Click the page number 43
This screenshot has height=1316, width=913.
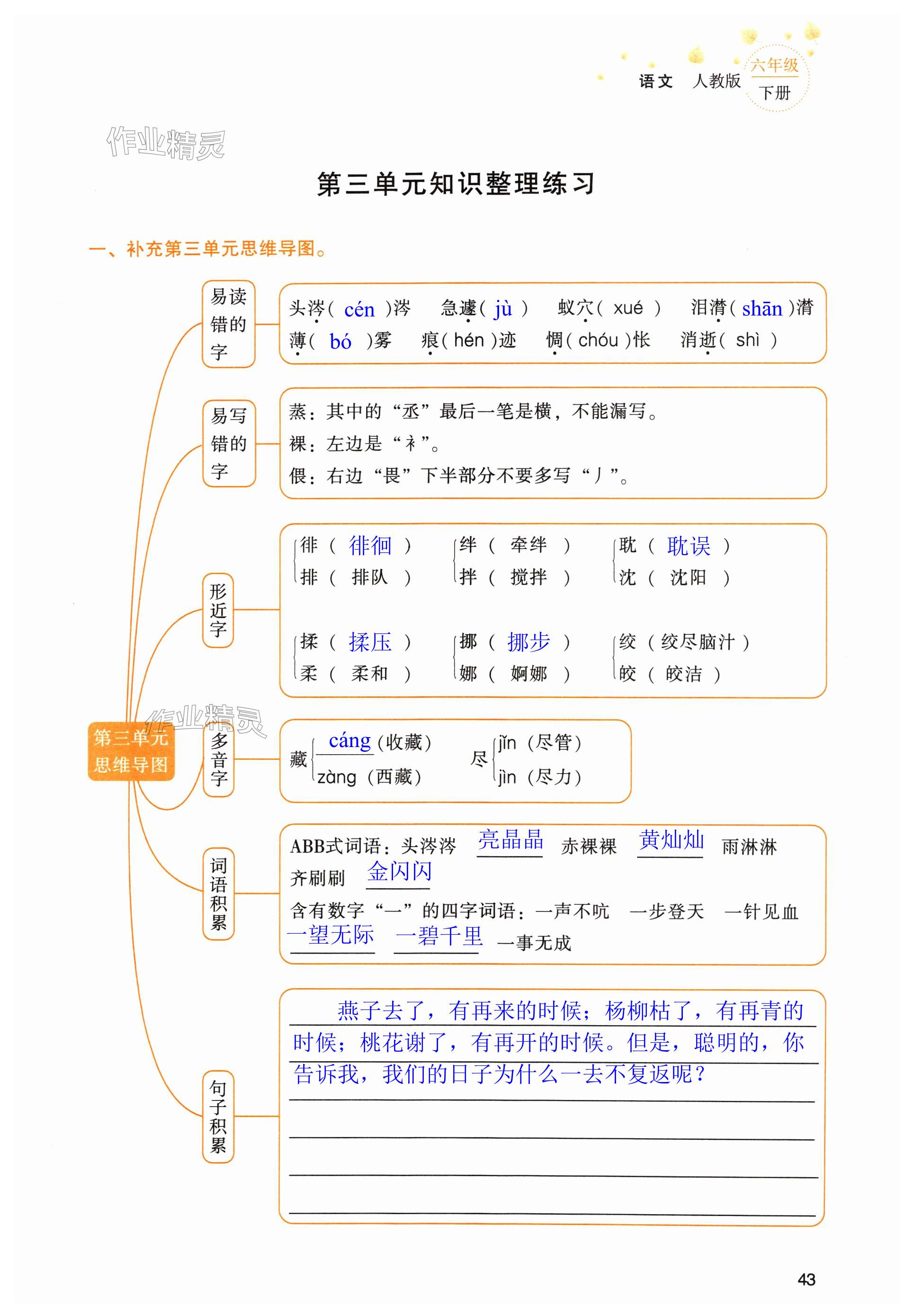(x=806, y=1280)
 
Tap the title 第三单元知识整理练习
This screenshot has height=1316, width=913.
(x=456, y=184)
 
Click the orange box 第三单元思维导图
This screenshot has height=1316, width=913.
(x=131, y=751)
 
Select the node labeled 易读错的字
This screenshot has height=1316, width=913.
(x=228, y=324)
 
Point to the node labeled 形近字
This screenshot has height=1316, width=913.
(x=218, y=610)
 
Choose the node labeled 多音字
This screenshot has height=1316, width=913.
(x=218, y=759)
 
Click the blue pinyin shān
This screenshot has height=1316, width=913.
(x=761, y=309)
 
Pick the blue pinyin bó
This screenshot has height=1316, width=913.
(x=340, y=342)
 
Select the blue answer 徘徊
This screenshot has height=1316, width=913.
(x=370, y=546)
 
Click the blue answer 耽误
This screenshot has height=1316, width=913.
(x=688, y=546)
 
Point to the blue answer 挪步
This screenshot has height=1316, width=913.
(x=528, y=642)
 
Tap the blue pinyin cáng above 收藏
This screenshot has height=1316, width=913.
(x=349, y=740)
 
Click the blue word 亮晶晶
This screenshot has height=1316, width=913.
(x=510, y=840)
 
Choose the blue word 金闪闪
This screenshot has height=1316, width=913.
(x=399, y=872)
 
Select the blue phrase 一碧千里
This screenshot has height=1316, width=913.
(x=439, y=937)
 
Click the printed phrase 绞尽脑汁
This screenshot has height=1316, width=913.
(x=698, y=642)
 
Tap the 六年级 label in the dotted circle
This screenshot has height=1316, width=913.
(x=775, y=64)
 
